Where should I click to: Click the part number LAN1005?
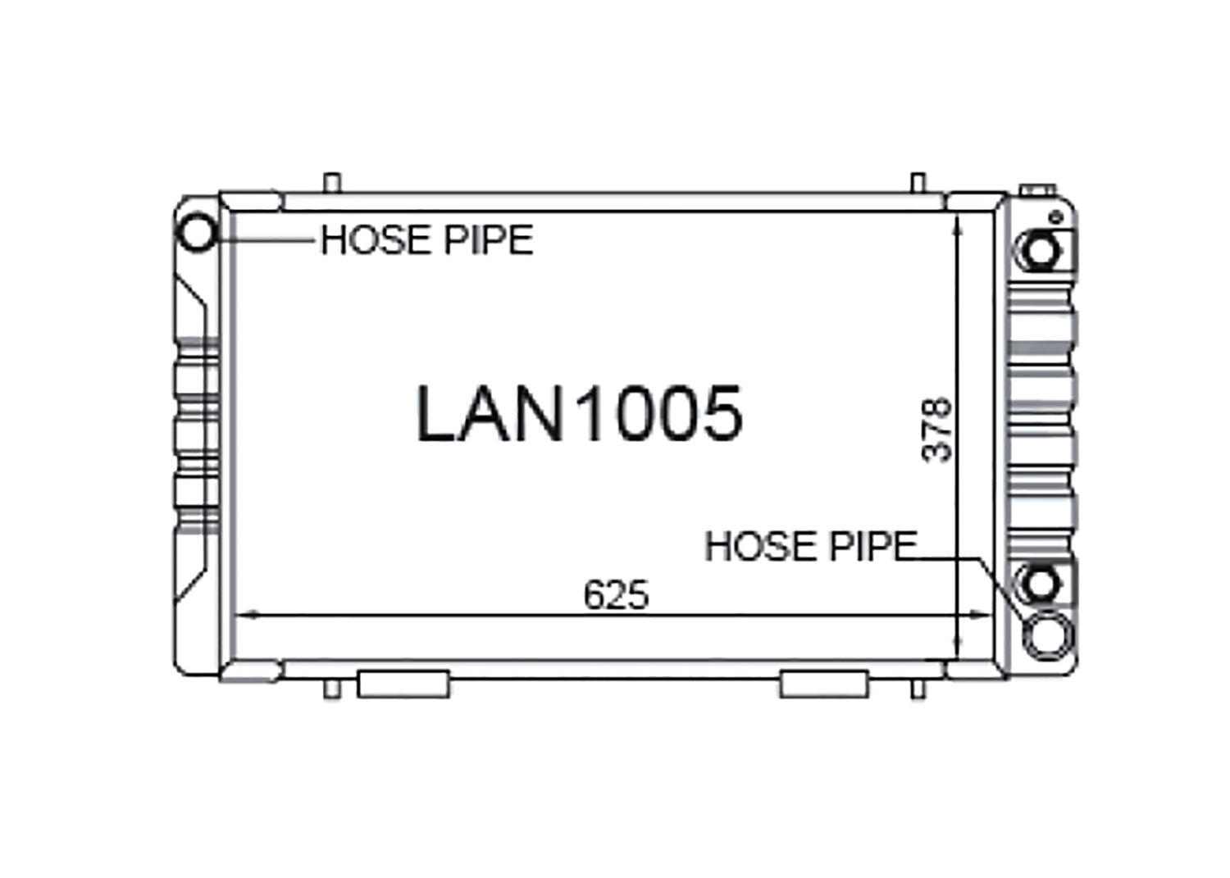[579, 413]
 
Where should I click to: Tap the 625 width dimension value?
[616, 594]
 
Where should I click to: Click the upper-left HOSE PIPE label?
[426, 240]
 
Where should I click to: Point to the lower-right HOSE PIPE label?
[811, 546]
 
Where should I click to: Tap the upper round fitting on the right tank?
[1041, 252]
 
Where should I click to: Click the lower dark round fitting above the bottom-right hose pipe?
[1041, 583]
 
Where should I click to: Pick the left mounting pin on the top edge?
[331, 183]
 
